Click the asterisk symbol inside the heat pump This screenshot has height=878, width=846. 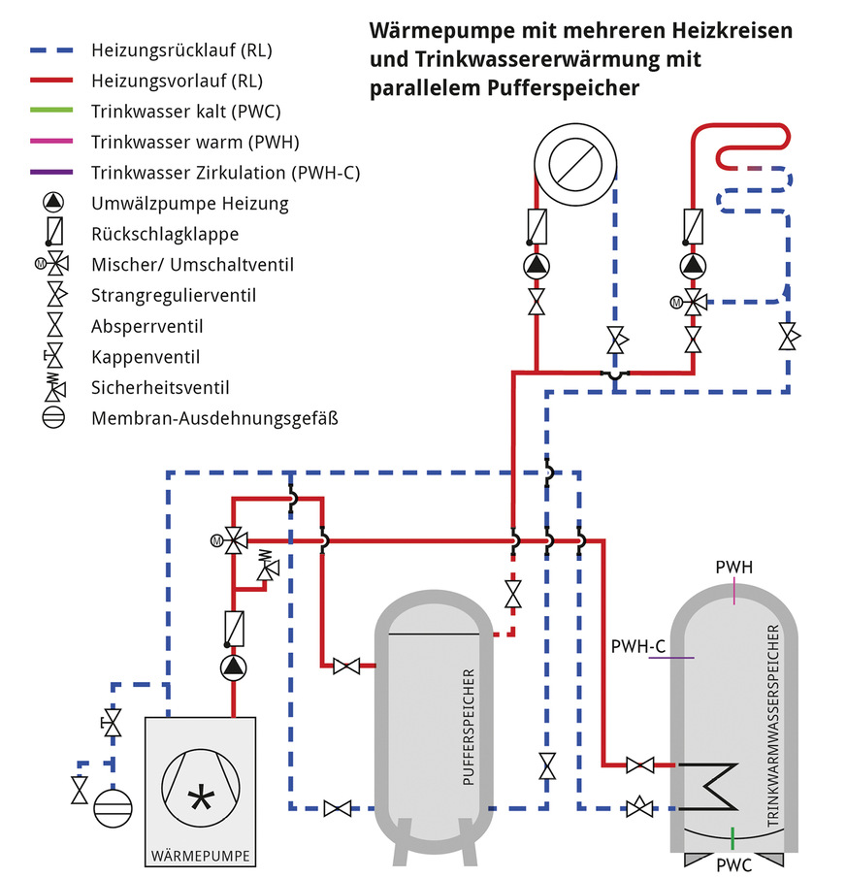coord(201,798)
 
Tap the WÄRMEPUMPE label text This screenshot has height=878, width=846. coord(200,857)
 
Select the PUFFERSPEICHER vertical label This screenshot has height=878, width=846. coord(470,727)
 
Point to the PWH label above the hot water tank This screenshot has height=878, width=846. coord(733,567)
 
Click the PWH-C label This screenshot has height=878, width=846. coord(637,645)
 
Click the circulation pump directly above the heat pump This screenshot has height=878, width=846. coord(234,667)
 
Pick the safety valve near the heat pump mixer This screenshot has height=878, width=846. coord(263,569)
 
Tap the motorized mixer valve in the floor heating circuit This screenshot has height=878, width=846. coord(692,300)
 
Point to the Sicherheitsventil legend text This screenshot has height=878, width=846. coord(160,388)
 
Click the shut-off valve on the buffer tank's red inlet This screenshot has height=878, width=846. coord(345,666)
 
